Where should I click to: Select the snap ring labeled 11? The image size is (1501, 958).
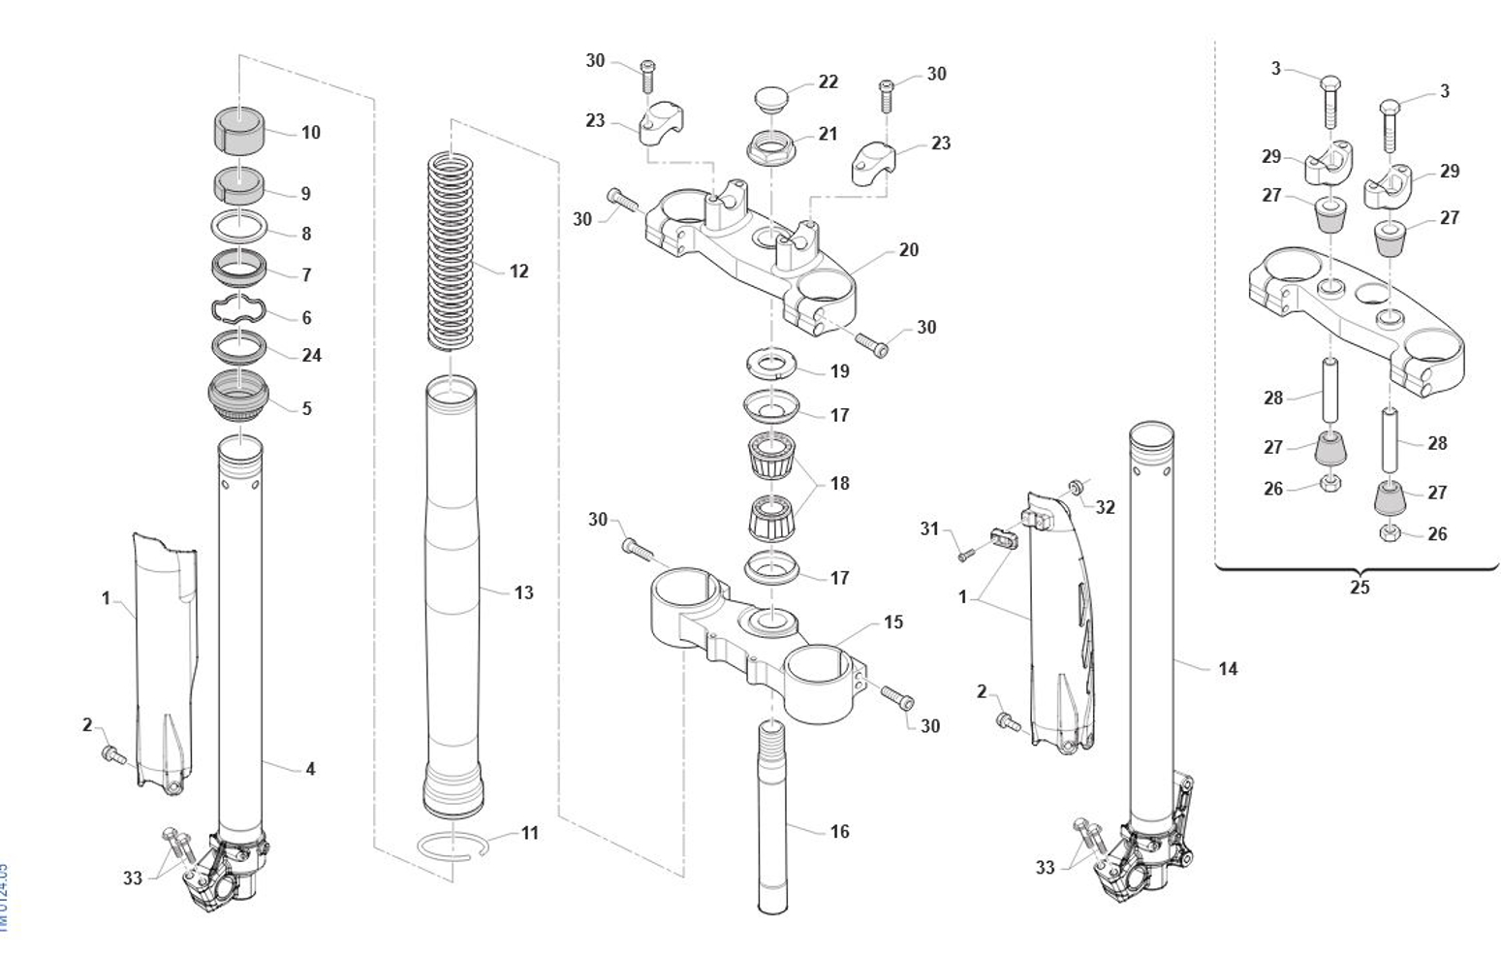pos(453,845)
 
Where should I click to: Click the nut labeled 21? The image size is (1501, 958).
pos(770,149)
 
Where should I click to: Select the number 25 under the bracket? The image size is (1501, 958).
pos(1360,587)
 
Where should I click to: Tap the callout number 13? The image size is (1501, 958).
pos(523,592)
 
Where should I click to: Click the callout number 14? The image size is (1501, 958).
pos(1227,668)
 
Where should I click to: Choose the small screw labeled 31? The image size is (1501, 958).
pos(963,556)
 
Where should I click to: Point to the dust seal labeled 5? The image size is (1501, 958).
pos(237,396)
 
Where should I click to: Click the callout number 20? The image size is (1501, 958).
pos(908,249)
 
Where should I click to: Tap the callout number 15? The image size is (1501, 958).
pos(892,622)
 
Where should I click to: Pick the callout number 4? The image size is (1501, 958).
pos(310,769)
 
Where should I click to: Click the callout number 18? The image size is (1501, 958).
pos(839,483)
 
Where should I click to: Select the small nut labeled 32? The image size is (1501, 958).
pos(1075,485)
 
